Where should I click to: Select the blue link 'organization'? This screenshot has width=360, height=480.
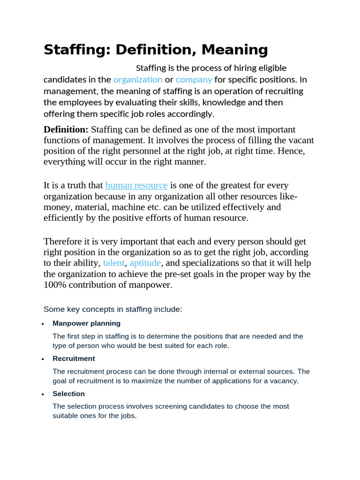click(x=138, y=80)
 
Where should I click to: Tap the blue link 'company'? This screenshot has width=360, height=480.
click(x=194, y=80)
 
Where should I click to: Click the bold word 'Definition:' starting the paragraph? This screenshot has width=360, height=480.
click(x=66, y=129)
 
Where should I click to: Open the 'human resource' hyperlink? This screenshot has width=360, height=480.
click(x=136, y=185)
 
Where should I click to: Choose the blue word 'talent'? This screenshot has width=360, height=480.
click(x=114, y=263)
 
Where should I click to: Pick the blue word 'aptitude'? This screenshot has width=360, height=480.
click(x=145, y=263)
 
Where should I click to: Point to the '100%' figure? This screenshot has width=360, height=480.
click(x=55, y=285)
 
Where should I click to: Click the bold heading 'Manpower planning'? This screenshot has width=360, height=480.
click(x=86, y=323)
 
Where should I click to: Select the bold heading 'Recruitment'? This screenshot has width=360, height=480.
click(x=74, y=359)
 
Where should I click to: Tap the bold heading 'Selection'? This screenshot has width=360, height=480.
click(x=68, y=394)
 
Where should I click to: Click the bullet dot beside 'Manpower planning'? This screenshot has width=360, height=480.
click(x=43, y=324)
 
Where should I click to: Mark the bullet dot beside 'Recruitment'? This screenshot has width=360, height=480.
click(x=43, y=359)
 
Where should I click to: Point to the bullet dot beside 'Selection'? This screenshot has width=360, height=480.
click(x=43, y=394)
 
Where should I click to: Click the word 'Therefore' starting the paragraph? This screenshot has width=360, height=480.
click(x=62, y=241)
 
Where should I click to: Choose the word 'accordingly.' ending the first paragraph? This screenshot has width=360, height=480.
click(x=190, y=113)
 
